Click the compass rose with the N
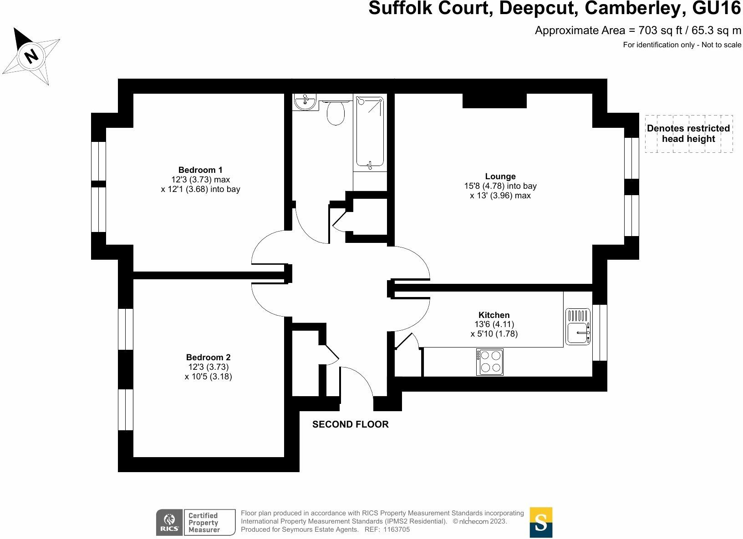coord(31,56)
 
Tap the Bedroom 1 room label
coord(200,170)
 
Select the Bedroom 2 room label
coord(208,358)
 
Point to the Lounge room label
coord(500,176)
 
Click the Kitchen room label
coord(494,315)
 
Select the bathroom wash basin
coord(305,102)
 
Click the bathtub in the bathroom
coord(369,132)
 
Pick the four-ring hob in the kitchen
coord(490,362)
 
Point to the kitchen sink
coord(578,327)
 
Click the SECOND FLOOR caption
coord(350,424)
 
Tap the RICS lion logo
coord(169,523)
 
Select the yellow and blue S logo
coord(541,522)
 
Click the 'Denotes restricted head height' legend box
coord(688,134)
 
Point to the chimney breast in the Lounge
coord(494,101)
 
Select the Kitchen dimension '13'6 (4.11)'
coord(494,324)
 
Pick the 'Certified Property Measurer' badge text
coord(204,523)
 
